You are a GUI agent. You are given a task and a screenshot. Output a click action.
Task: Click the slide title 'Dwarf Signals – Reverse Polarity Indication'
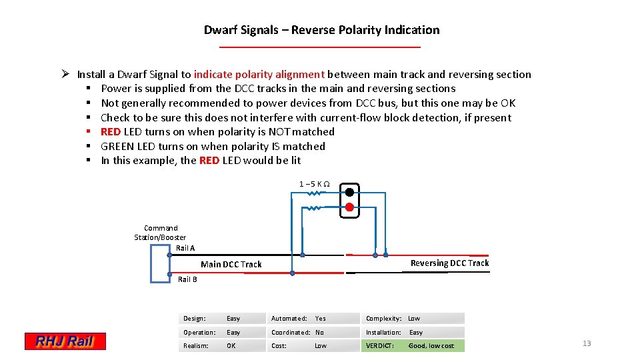(321, 30)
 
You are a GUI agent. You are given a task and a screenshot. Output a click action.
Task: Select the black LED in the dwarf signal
(349, 192)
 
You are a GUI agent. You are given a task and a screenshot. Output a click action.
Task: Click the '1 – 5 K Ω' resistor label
(313, 184)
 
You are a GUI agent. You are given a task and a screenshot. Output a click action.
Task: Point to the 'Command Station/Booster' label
(160, 233)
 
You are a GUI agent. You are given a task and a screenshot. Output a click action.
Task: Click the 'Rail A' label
(185, 248)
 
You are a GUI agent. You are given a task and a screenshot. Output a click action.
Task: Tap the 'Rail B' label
(187, 279)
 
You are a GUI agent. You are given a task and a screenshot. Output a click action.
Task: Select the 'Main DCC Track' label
(231, 265)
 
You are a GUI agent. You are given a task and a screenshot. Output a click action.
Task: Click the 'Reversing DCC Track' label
(449, 263)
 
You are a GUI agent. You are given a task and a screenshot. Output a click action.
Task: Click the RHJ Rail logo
(65, 341)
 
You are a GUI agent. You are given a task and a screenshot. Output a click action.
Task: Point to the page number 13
(587, 343)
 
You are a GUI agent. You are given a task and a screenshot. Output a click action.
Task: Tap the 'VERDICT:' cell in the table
(380, 345)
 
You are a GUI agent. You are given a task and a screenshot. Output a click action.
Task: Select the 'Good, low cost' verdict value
(431, 345)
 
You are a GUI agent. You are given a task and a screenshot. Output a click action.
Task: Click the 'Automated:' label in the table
(289, 319)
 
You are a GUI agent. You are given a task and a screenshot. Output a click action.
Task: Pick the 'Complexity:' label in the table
(383, 319)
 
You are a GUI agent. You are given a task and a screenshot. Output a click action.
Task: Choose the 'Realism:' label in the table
(196, 345)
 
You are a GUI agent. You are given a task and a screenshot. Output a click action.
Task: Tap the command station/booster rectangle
(161, 265)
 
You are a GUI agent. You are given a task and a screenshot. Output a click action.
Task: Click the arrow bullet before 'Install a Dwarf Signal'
(66, 74)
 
